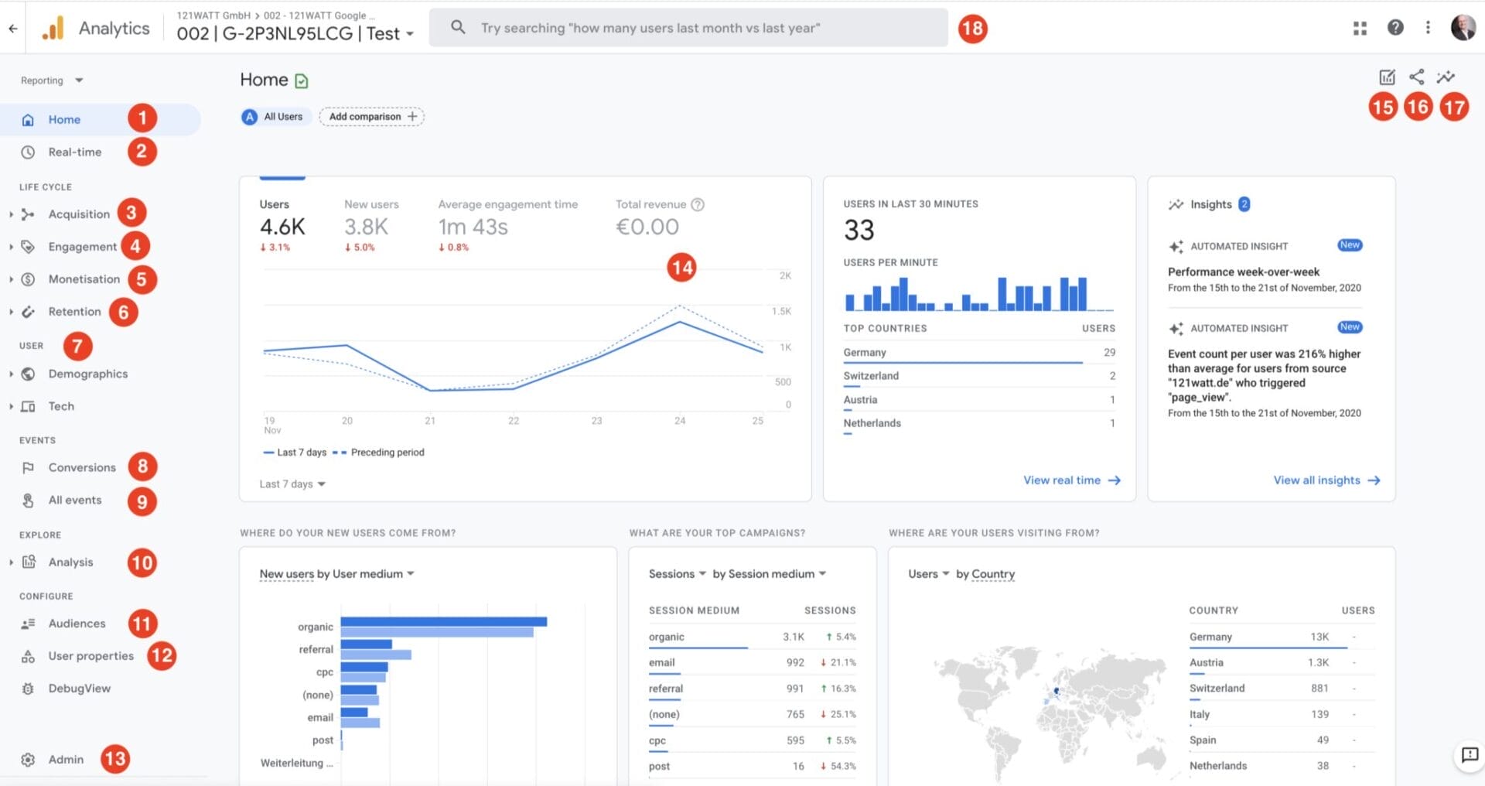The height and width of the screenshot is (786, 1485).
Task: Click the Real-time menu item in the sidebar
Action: tap(74, 152)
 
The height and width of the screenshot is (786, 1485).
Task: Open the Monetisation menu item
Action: tap(84, 279)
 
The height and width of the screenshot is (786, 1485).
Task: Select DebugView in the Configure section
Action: tap(79, 689)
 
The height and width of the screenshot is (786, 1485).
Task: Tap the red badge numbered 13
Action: tap(115, 759)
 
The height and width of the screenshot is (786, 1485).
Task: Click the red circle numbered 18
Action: tap(972, 29)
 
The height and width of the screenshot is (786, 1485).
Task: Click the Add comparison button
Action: tap(372, 117)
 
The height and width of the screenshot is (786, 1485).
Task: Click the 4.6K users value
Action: tap(282, 227)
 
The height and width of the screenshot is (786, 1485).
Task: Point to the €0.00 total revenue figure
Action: tap(647, 227)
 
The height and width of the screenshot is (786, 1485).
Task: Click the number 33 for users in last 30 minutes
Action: tap(859, 231)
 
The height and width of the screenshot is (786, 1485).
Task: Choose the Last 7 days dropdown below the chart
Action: tap(292, 484)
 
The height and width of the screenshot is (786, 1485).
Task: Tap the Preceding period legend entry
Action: tap(387, 453)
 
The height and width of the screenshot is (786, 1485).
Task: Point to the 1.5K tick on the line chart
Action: tap(781, 311)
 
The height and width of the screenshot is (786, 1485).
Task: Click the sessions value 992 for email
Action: tap(795, 663)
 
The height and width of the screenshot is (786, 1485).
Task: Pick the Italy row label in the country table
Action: tap(1200, 715)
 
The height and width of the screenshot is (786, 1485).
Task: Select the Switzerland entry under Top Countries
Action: tap(871, 376)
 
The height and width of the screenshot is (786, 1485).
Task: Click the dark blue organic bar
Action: tap(443, 621)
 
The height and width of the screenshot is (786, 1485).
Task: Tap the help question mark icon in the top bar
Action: tap(1395, 28)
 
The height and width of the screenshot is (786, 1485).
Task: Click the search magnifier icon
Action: tap(458, 28)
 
